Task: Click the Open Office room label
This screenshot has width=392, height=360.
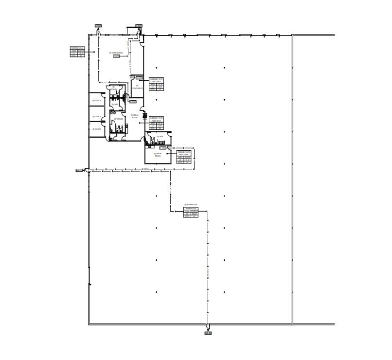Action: (116, 53)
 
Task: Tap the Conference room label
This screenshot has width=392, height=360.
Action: (137, 87)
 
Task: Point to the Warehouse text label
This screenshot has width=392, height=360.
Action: (191, 204)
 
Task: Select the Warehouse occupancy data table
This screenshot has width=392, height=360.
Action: (191, 213)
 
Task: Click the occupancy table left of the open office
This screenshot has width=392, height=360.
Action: (77, 52)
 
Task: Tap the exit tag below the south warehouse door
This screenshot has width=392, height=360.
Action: (208, 333)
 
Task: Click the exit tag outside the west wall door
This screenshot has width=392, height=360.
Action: (79, 170)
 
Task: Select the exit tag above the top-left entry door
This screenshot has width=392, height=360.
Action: (98, 26)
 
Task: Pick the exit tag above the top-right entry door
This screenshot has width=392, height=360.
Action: (139, 26)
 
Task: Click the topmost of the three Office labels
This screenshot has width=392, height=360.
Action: (96, 100)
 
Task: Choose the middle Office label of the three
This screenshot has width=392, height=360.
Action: (96, 117)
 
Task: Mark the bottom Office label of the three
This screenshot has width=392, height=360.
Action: (96, 129)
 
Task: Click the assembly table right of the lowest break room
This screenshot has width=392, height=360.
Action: (184, 157)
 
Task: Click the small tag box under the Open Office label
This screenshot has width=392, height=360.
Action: (116, 56)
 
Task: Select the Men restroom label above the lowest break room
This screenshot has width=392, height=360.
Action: (160, 137)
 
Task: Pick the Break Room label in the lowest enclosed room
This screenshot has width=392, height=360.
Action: (158, 155)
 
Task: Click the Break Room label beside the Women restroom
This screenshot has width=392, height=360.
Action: (135, 116)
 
